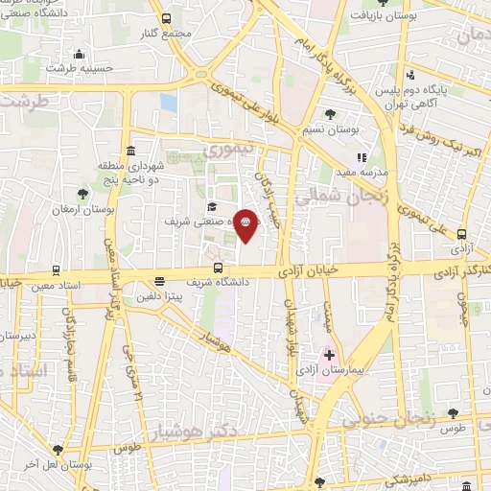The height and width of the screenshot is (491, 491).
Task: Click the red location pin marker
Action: (x=245, y=223)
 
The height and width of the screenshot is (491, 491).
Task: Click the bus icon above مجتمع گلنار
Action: (x=166, y=18)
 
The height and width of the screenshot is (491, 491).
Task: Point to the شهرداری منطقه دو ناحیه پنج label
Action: (x=129, y=171)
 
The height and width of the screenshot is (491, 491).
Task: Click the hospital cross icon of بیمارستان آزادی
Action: (x=330, y=355)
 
